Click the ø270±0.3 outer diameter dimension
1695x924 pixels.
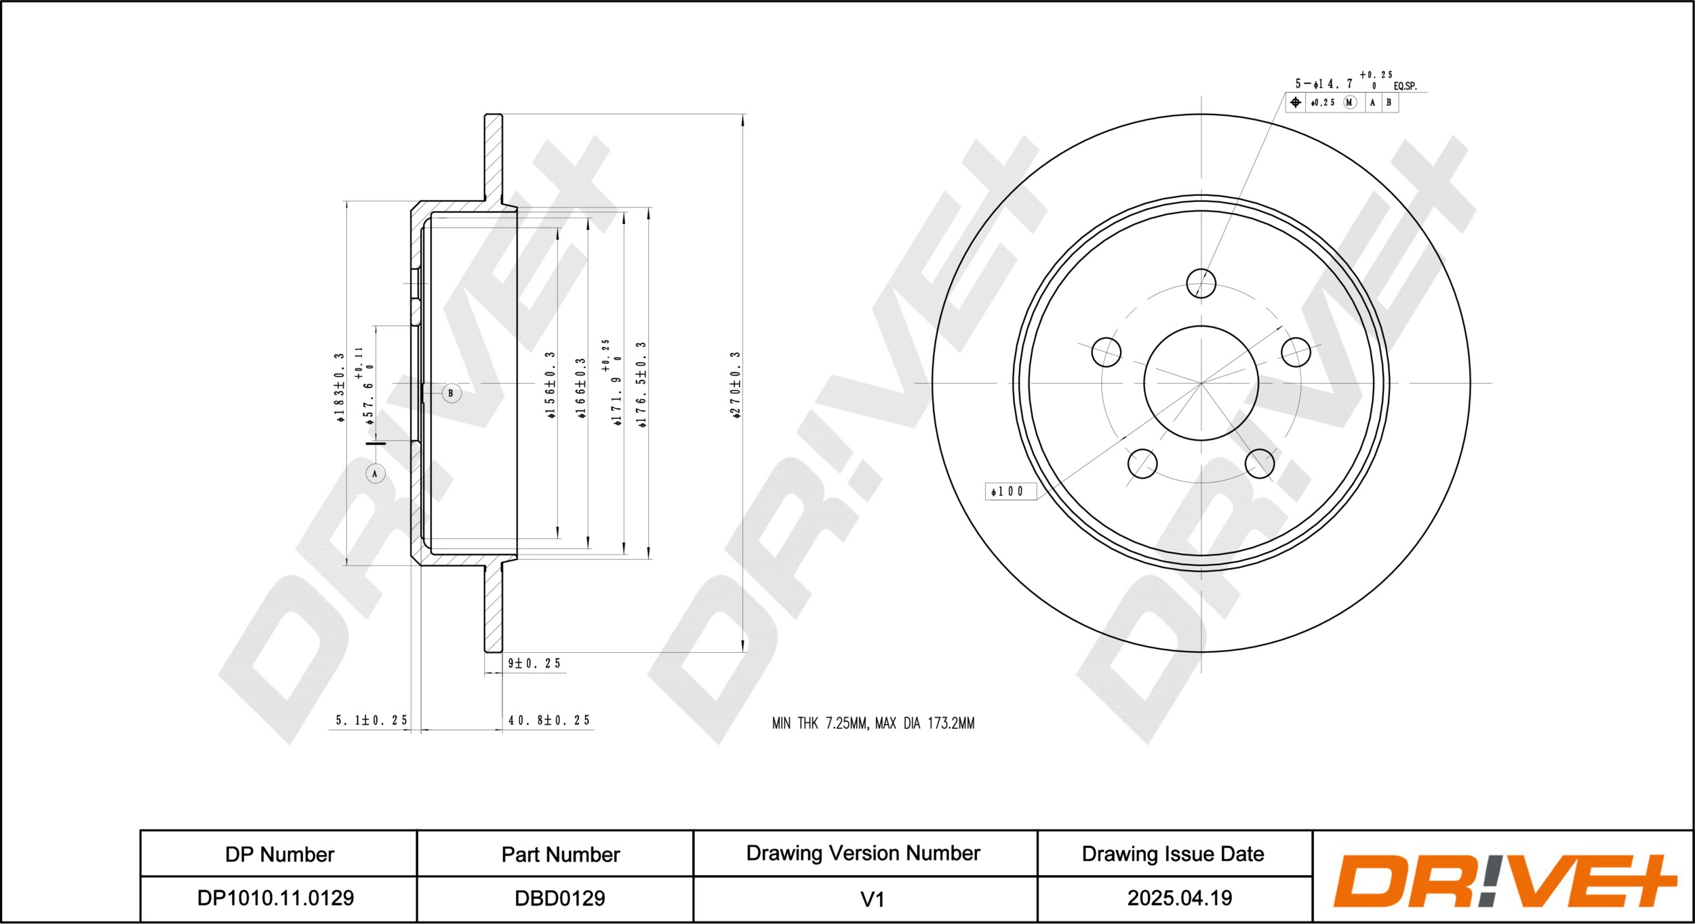pyautogui.click(x=736, y=384)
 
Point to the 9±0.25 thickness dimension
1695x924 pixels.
pyautogui.click(x=534, y=663)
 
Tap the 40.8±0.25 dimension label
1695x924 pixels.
pyautogui.click(x=549, y=720)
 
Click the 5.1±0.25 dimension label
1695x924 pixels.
pyautogui.click(x=372, y=720)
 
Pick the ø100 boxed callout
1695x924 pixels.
pyautogui.click(x=1010, y=491)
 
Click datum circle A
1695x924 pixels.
pyautogui.click(x=375, y=473)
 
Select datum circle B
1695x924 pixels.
pyautogui.click(x=452, y=393)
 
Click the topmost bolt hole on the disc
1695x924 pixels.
pyautogui.click(x=1201, y=283)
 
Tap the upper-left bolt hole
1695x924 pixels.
pyautogui.click(x=1106, y=352)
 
